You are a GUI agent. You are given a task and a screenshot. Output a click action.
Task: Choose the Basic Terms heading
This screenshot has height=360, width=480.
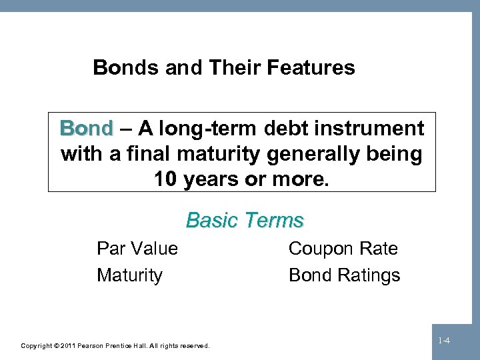245,220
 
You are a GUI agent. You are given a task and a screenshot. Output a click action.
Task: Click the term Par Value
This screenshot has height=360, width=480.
137,249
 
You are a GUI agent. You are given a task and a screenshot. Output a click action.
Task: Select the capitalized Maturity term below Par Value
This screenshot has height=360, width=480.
129,275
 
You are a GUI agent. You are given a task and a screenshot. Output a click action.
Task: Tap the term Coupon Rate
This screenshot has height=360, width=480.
343,249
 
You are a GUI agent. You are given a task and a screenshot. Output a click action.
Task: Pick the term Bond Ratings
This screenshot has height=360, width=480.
344,275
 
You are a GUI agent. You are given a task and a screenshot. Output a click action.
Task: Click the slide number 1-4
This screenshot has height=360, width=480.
444,341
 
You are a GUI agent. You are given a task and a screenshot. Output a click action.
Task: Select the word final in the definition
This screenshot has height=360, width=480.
151,155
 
